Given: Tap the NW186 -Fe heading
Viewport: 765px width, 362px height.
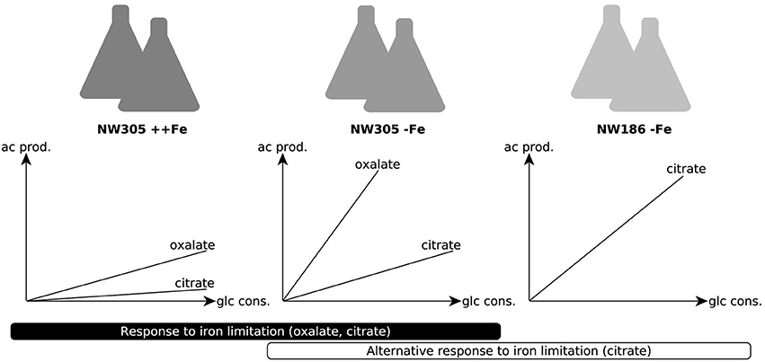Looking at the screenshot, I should [634, 129].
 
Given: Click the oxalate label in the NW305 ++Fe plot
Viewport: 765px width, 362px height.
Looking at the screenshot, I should [192, 244].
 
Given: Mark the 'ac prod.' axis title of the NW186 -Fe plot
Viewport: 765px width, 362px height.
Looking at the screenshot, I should [532, 146].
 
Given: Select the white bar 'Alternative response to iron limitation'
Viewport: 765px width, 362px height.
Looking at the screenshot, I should [508, 350].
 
